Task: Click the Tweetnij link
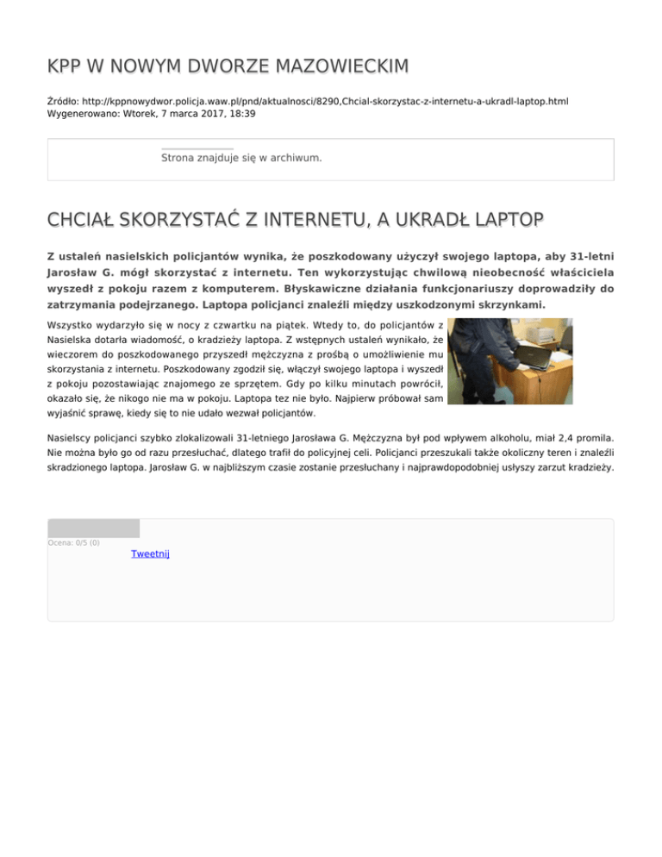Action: pos(150,554)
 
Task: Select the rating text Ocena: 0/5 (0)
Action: pos(73,542)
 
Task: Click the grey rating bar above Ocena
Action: pos(93,528)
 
